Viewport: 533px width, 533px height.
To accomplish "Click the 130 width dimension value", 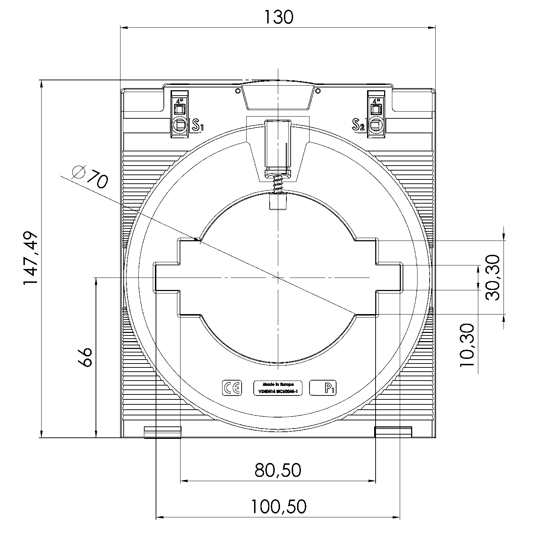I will (278, 17).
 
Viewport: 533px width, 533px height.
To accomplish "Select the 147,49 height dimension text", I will (31, 258).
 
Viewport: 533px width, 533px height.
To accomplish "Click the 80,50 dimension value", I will (278, 470).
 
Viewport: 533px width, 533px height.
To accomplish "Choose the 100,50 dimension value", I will (278, 506).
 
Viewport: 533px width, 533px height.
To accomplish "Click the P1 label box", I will (323, 388).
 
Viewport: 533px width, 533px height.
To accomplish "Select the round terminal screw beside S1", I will (180, 125).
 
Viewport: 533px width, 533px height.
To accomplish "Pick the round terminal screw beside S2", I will (376, 125).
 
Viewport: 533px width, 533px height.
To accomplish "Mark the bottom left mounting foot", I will (163, 432).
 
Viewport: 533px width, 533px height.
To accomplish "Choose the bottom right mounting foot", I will (393, 432).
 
